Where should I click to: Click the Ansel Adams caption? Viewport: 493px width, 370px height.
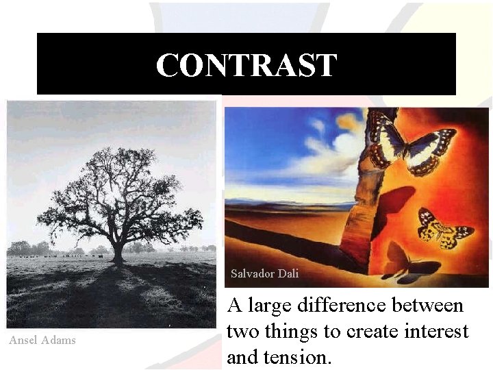coord(42,340)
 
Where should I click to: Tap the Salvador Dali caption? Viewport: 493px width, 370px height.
coord(264,273)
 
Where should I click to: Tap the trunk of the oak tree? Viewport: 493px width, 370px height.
coord(118,254)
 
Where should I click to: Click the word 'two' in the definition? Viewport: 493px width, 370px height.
coord(242,332)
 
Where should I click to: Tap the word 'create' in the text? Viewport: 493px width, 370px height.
coord(370,332)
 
